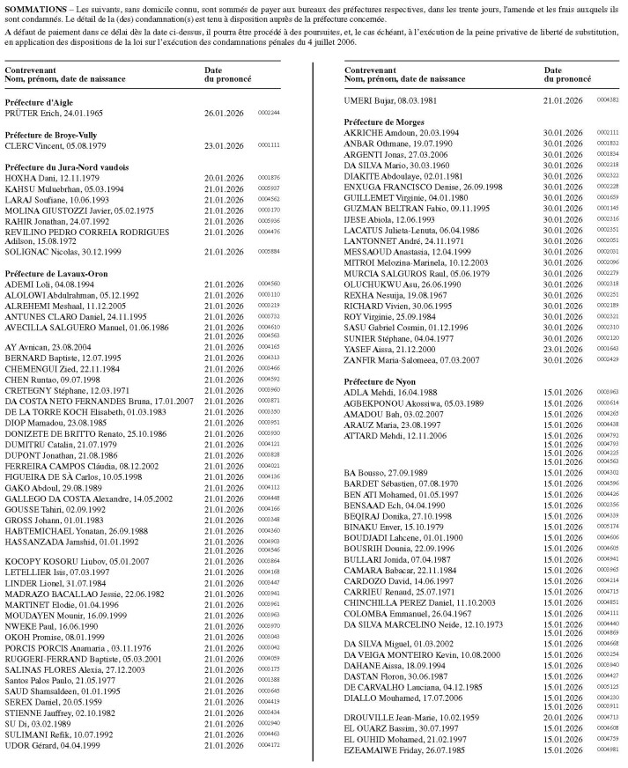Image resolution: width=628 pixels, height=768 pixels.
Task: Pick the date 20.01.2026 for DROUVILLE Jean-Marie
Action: [x=563, y=717]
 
